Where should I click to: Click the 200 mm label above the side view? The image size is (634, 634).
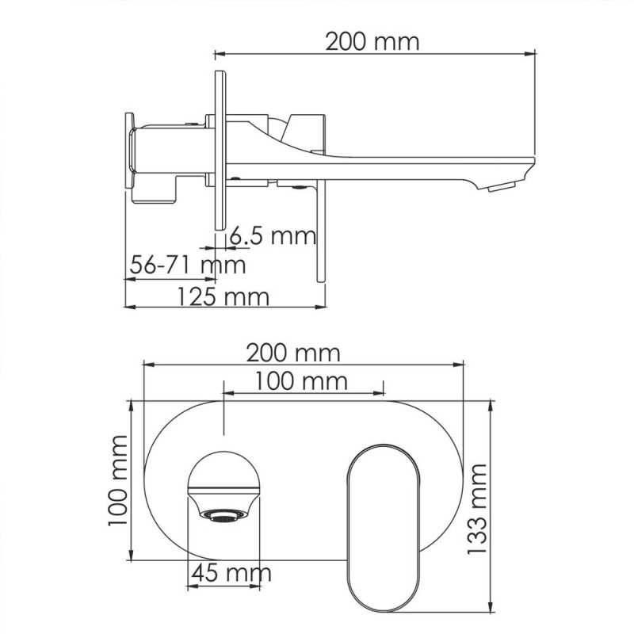(372, 42)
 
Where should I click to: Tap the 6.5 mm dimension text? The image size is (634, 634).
(273, 235)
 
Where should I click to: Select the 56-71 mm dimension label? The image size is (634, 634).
(188, 265)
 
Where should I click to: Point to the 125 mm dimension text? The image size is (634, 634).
(223, 297)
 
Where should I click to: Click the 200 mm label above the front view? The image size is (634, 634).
(293, 353)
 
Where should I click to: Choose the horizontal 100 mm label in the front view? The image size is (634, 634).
(301, 381)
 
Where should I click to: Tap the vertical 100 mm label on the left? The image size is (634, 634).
(117, 481)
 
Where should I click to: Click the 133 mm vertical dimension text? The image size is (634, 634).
(477, 509)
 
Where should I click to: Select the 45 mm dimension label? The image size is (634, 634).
(231, 573)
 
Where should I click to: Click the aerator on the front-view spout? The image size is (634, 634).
(223, 515)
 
